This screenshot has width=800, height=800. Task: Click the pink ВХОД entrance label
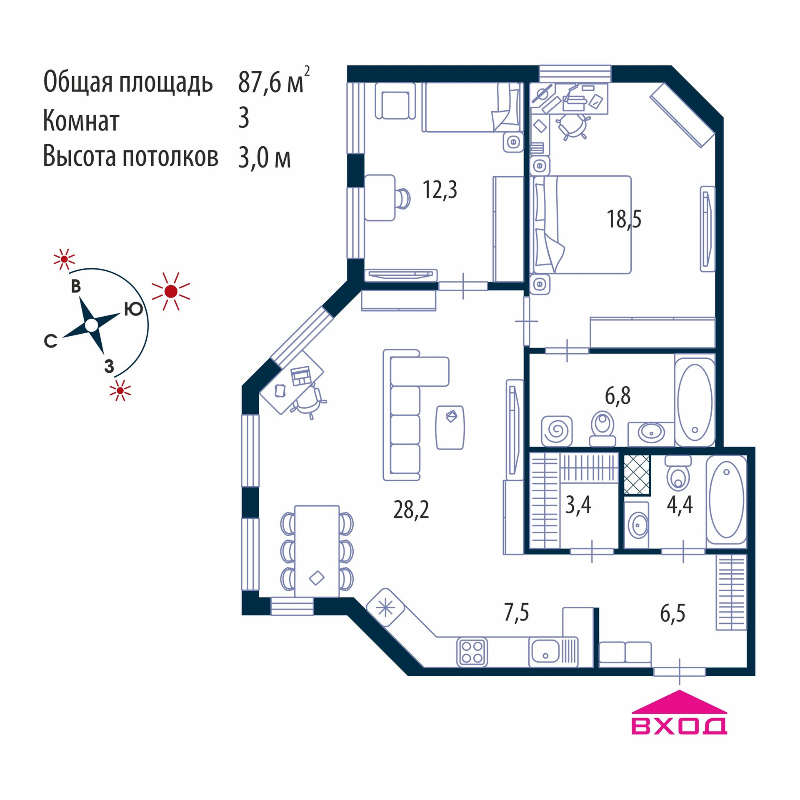[679, 725]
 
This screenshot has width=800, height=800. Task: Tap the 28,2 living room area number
[411, 510]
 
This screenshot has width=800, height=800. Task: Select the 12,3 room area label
[440, 190]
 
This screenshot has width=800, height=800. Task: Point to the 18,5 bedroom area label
[624, 219]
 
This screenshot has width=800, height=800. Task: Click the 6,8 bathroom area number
[617, 396]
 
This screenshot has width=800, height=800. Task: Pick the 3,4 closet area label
[578, 505]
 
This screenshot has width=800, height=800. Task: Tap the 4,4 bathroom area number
[680, 505]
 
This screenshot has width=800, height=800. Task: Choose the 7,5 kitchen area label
[516, 612]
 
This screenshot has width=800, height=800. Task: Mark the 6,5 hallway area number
[672, 613]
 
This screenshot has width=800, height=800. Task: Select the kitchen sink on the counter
[545, 652]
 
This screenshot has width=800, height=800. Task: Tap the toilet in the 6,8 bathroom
[602, 428]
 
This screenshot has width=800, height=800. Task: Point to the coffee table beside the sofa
[450, 427]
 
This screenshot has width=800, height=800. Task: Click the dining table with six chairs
[317, 551]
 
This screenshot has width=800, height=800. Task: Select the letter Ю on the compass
[133, 309]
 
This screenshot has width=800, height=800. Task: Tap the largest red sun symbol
[171, 291]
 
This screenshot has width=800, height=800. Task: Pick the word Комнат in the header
[81, 121]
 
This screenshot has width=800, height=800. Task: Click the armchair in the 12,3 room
[395, 101]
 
